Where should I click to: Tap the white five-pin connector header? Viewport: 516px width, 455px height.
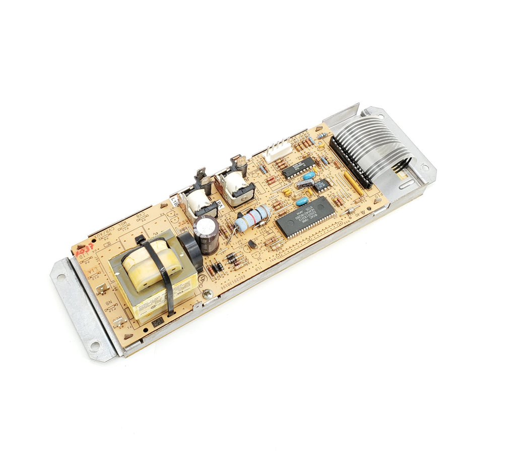pos(278,150)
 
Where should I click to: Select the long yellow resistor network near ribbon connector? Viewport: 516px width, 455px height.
pos(354,183)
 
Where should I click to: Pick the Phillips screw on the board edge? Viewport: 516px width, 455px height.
pos(207,292)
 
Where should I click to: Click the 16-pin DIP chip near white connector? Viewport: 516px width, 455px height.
pos(298,168)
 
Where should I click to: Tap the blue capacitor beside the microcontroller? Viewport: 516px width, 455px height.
pos(301,202)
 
